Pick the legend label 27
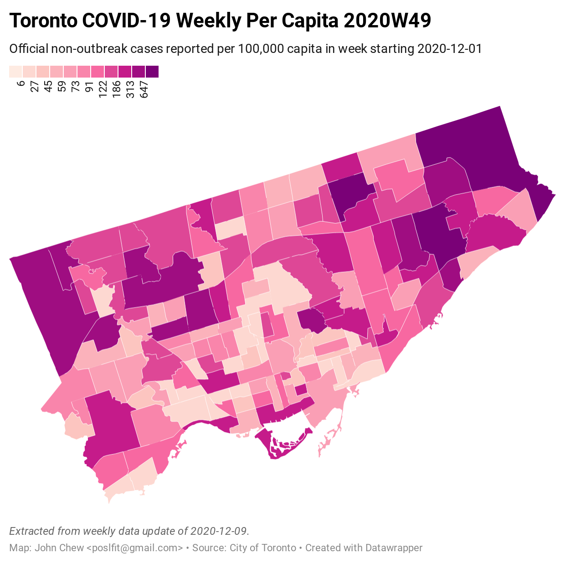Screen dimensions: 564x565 tap(34, 86)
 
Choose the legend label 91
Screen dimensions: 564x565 tap(89, 86)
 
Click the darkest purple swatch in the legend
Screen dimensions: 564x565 tap(153, 72)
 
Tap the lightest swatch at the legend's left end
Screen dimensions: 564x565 tap(15, 72)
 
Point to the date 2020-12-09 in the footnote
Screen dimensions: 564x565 tap(219, 531)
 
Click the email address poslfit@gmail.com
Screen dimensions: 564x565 tap(134, 548)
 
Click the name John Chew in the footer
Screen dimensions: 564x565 tap(59, 548)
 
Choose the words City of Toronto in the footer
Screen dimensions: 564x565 tap(263, 548)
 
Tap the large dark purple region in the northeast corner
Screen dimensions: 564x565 tap(474, 151)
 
